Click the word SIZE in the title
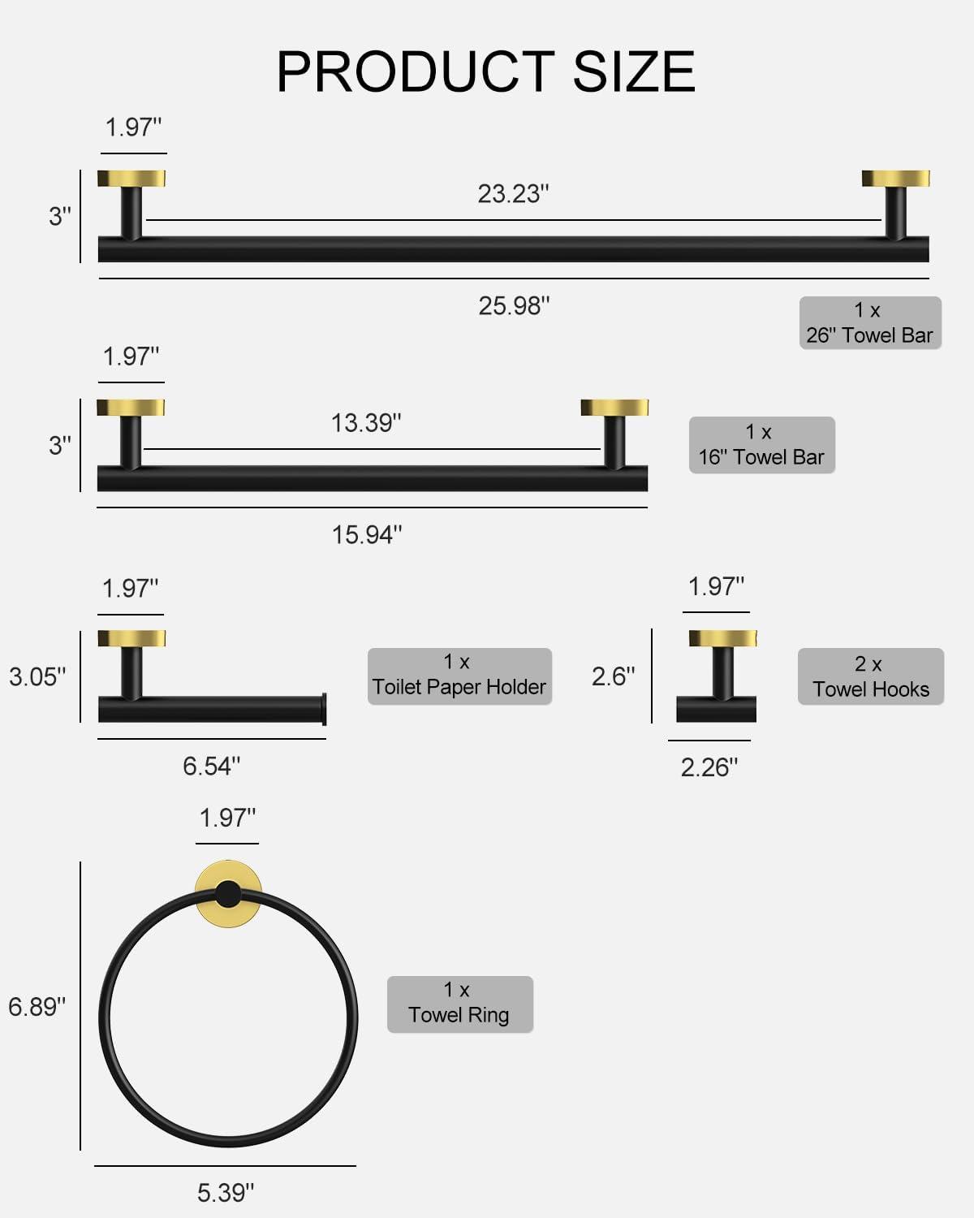(634, 71)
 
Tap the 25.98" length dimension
(514, 306)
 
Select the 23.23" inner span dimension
(513, 194)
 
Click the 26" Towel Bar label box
(870, 323)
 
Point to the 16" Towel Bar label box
(761, 445)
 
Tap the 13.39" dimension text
(366, 423)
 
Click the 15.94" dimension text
(367, 535)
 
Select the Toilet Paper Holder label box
(459, 676)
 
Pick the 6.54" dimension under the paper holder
(211, 767)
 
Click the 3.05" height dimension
(37, 676)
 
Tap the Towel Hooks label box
(870, 676)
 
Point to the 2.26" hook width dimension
(709, 767)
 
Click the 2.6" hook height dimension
(614, 676)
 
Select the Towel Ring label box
(459, 1004)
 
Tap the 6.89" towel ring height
(37, 1007)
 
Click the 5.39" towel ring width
(226, 1193)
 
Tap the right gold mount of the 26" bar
(895, 179)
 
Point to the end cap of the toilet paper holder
(324, 709)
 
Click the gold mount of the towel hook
(722, 638)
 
